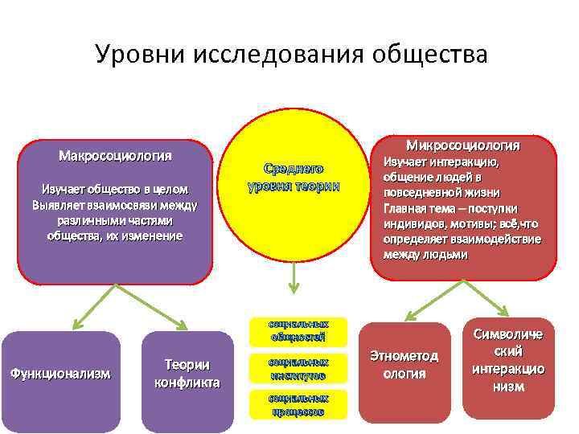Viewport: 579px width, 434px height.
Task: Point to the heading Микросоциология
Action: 463,145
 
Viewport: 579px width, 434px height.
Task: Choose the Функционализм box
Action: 60,374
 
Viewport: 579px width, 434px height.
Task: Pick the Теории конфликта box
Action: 187,374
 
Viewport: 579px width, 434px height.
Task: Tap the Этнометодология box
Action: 404,365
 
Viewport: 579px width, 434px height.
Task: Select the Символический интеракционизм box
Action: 508,361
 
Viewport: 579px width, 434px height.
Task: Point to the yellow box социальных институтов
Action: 298,369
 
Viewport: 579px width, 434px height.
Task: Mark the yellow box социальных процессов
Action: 298,404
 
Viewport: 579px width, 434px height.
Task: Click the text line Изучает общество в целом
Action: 115,189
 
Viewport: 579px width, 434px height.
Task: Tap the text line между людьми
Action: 425,254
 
